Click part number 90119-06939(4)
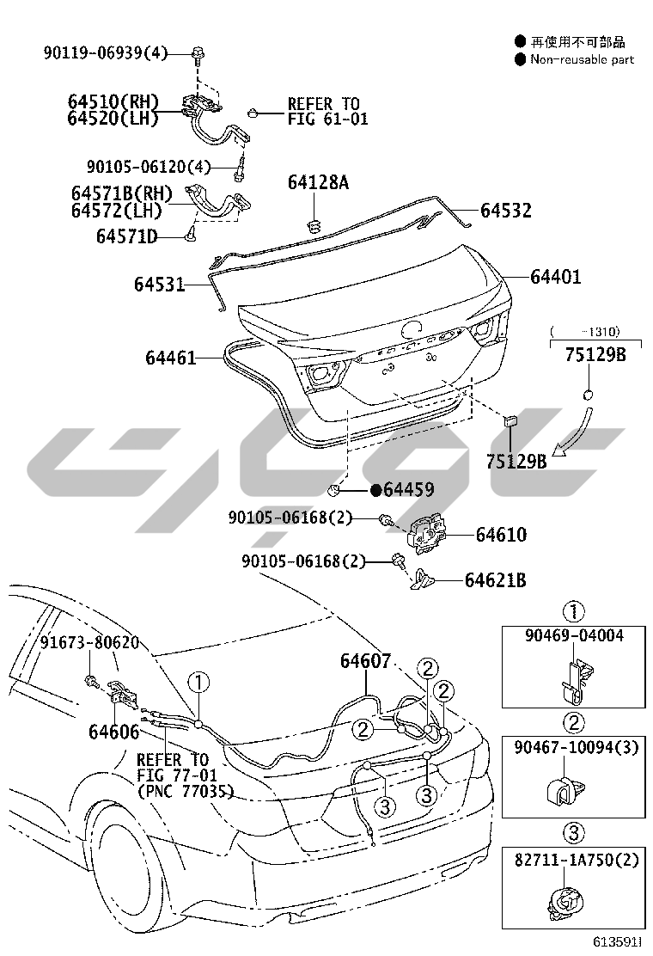click(x=105, y=53)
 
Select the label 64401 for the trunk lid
click(x=556, y=277)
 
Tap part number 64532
click(x=505, y=211)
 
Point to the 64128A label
click(x=318, y=181)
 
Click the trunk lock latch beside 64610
click(x=426, y=534)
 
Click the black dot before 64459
click(x=376, y=489)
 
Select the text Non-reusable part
click(x=582, y=59)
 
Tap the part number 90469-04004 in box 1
click(x=574, y=636)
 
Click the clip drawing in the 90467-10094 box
click(x=562, y=789)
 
